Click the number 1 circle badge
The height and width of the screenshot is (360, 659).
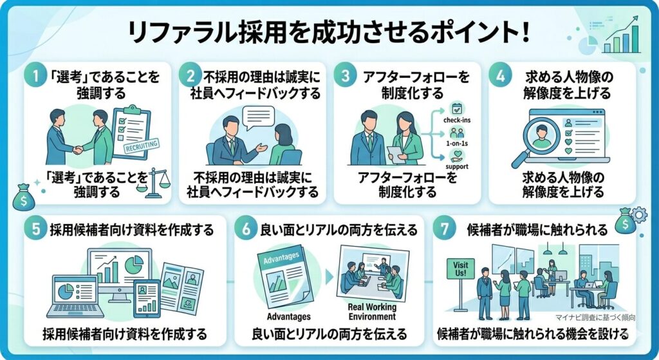click(37, 76)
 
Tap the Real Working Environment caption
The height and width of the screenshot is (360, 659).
click(372, 312)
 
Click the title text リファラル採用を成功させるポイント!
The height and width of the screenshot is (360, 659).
click(329, 33)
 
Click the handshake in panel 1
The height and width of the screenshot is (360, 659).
click(79, 149)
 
